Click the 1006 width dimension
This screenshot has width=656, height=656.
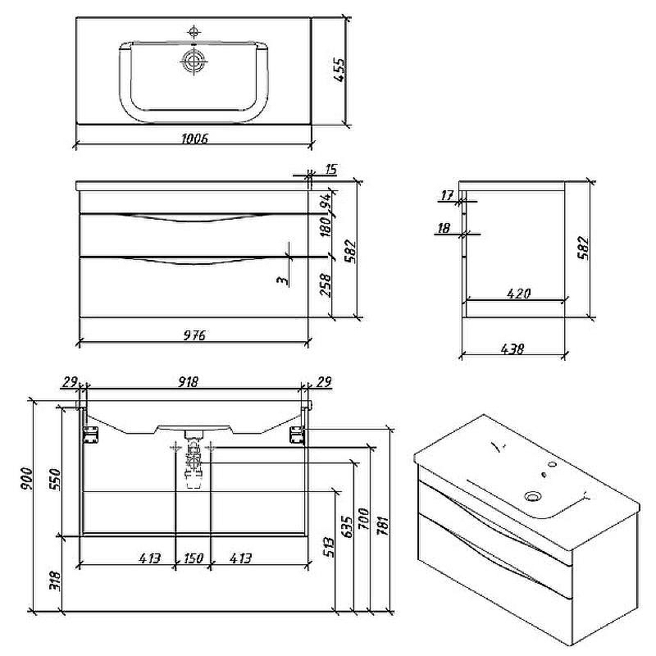(194, 138)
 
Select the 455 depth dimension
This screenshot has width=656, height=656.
(339, 70)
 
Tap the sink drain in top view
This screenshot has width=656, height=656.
(194, 62)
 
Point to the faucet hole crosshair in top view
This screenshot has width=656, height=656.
(194, 32)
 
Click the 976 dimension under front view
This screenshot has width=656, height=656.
(194, 335)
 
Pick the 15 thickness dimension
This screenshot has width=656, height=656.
(330, 169)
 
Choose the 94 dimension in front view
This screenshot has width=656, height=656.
(326, 202)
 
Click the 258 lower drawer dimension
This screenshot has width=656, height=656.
(325, 285)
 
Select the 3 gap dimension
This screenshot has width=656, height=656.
(283, 280)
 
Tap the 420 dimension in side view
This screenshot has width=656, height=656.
(519, 294)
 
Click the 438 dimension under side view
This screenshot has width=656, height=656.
(512, 348)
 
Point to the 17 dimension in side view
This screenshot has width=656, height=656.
(447, 195)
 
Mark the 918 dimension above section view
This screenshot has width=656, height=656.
(188, 381)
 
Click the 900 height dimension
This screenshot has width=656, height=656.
(26, 479)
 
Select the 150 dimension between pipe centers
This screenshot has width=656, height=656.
(194, 558)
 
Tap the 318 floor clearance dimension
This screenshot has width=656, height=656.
(55, 581)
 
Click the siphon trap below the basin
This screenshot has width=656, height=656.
(194, 459)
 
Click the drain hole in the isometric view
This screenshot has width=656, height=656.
(533, 497)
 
